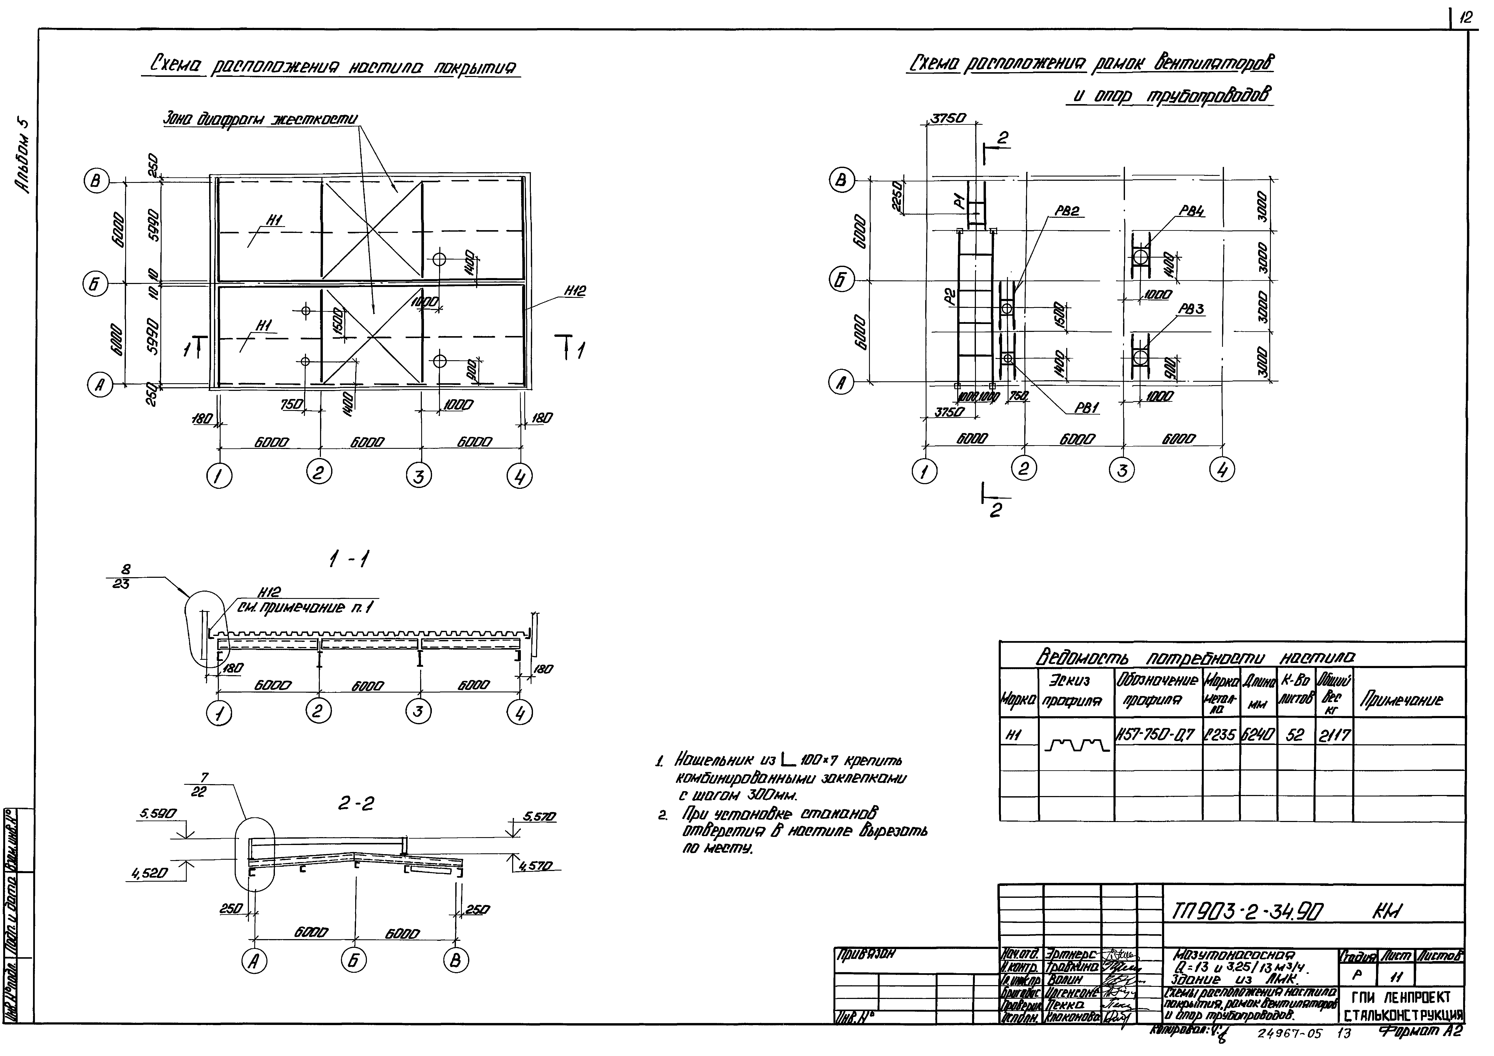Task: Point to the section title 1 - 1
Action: (x=345, y=560)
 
